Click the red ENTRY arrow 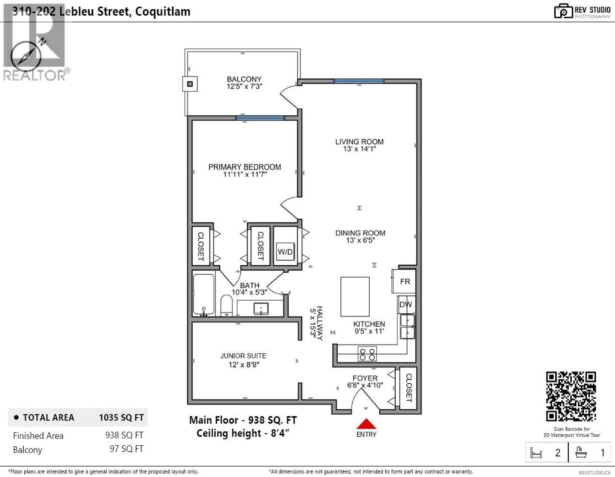[366, 424]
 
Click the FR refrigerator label [405, 282]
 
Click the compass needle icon [26, 56]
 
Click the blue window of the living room [358, 81]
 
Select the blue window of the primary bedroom [260, 118]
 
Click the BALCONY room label [244, 79]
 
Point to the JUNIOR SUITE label [243, 356]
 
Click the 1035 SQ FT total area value [121, 418]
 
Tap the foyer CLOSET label [409, 388]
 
